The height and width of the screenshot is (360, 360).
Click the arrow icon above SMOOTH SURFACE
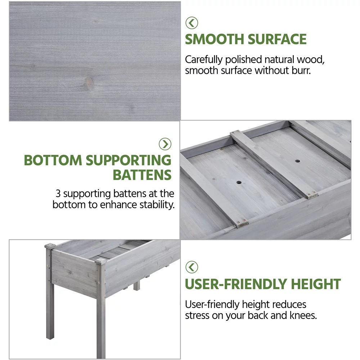coord(192,23)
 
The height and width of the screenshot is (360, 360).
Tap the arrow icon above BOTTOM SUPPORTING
coord(165,144)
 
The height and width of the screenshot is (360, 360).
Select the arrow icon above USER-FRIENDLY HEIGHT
coord(192,267)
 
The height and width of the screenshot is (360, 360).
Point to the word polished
coord(243,60)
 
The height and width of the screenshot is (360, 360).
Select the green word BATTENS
coord(142,175)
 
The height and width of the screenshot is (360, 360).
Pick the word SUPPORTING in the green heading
coord(129,160)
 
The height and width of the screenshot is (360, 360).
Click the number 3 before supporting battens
coord(58,194)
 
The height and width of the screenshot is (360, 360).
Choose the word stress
coord(197,315)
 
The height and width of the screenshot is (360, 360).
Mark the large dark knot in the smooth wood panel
coord(89,82)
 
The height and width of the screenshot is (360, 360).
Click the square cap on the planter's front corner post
coord(100,261)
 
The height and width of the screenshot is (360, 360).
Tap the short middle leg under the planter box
coord(136,285)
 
